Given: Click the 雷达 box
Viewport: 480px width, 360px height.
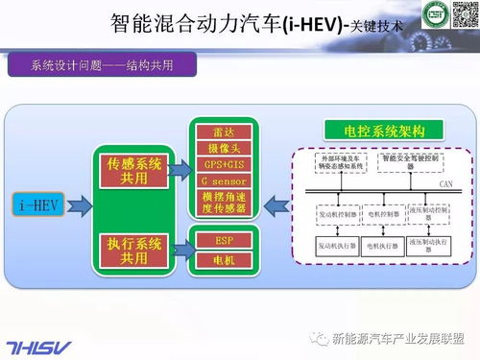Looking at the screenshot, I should point(228,132).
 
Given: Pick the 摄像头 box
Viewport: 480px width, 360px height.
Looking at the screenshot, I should point(228,148).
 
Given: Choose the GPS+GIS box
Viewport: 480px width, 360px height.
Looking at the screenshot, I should point(228,164).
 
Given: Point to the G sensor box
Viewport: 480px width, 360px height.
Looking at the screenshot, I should point(228,180).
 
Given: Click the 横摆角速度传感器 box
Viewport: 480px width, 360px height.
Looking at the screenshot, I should point(228,203).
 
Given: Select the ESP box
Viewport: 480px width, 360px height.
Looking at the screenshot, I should point(228,240).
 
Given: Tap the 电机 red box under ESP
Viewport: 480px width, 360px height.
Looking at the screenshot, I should point(228,259).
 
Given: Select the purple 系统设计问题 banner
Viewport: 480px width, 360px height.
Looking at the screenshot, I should point(102,66).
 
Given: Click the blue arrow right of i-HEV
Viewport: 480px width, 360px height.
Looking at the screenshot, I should point(83,204).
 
